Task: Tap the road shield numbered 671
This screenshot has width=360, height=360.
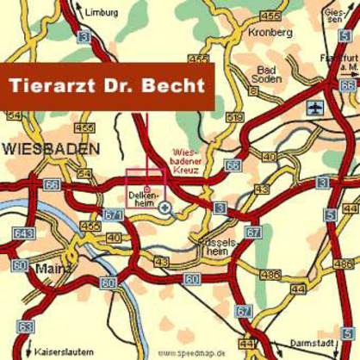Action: [x=113, y=214]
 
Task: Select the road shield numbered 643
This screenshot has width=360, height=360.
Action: [x=23, y=234]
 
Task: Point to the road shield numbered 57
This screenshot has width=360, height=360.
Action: [x=245, y=311]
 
